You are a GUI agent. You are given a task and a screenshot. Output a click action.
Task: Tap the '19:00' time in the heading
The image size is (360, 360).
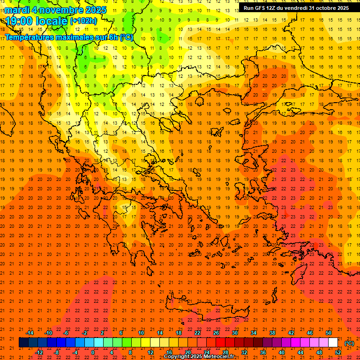pos(19,21)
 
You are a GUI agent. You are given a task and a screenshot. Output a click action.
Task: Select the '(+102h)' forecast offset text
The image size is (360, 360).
pos(83,21)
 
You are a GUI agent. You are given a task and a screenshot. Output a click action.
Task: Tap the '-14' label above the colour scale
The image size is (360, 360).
pos(30,333)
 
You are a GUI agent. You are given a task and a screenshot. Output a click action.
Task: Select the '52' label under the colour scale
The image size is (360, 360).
pos(338,352)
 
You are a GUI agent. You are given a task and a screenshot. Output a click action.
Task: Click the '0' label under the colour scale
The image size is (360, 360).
pos(93,352)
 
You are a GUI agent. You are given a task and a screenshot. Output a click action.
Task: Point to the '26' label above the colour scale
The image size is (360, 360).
pos(216,333)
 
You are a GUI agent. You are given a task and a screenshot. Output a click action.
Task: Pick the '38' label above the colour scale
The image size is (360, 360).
pos(272,333)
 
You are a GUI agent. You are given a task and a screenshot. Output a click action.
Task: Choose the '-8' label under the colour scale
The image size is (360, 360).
pos(56,352)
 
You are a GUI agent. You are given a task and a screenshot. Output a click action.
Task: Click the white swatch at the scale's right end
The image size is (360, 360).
pos(333,343)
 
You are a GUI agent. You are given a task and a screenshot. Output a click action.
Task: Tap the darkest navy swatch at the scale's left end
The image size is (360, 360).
pos(23,343)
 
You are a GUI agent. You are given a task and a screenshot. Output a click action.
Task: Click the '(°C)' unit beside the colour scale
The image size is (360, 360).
pos(349,343)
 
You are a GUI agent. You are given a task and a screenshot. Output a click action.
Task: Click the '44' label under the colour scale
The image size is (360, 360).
pos(300,352)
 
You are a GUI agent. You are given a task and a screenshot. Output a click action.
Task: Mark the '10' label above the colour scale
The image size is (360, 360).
pos(141,333)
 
